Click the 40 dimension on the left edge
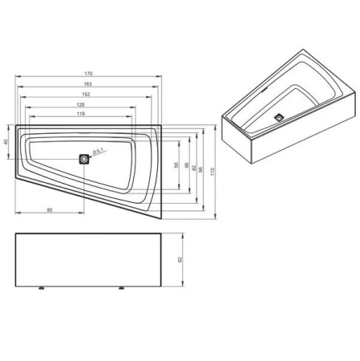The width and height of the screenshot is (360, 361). point(6,142)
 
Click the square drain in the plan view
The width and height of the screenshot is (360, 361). point(84,158)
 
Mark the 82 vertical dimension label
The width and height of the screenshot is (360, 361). point(193,164)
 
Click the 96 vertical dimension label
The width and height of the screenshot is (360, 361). point(200,164)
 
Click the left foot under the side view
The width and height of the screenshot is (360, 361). point(42,287)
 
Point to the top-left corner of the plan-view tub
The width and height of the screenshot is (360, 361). point(15,124)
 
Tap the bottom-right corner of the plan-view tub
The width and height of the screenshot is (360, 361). point(160,218)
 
